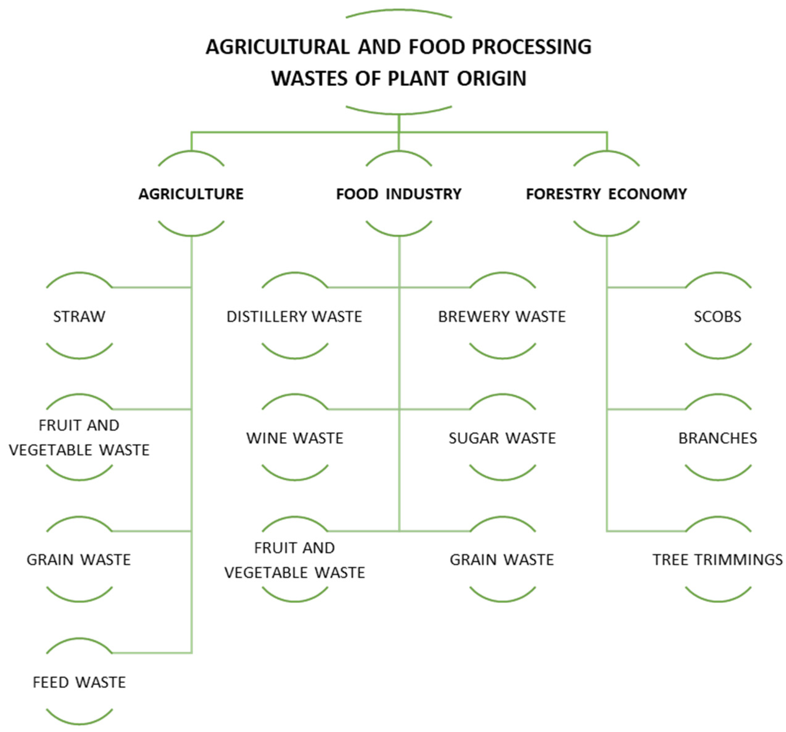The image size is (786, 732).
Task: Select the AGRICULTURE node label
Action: point(191,194)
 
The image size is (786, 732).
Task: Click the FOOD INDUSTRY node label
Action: point(398,194)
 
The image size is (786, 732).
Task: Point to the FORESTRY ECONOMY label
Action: point(606,194)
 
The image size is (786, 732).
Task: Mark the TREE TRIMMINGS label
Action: point(717,560)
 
